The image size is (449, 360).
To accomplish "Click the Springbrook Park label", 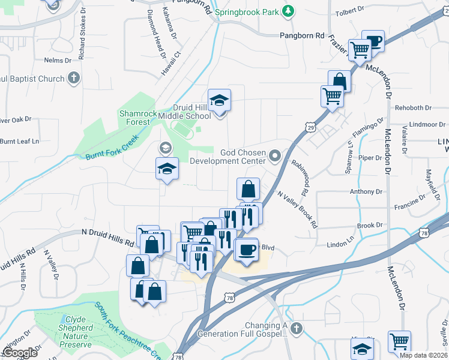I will pos(248,11).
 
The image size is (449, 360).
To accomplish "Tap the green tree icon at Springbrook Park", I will pos(289,11).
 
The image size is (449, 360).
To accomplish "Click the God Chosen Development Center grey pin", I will pos(276,157).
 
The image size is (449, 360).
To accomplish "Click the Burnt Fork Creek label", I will pos(112,148).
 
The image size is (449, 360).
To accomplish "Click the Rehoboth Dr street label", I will pos(414,108).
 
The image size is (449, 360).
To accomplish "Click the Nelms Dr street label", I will pos(58,61).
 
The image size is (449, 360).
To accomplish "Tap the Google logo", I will pos(19,353).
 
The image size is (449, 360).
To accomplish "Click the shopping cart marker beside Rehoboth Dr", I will pos(332,96).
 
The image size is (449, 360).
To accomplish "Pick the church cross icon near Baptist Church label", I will pos(74,79).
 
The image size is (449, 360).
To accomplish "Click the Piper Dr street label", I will pos(370,158).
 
